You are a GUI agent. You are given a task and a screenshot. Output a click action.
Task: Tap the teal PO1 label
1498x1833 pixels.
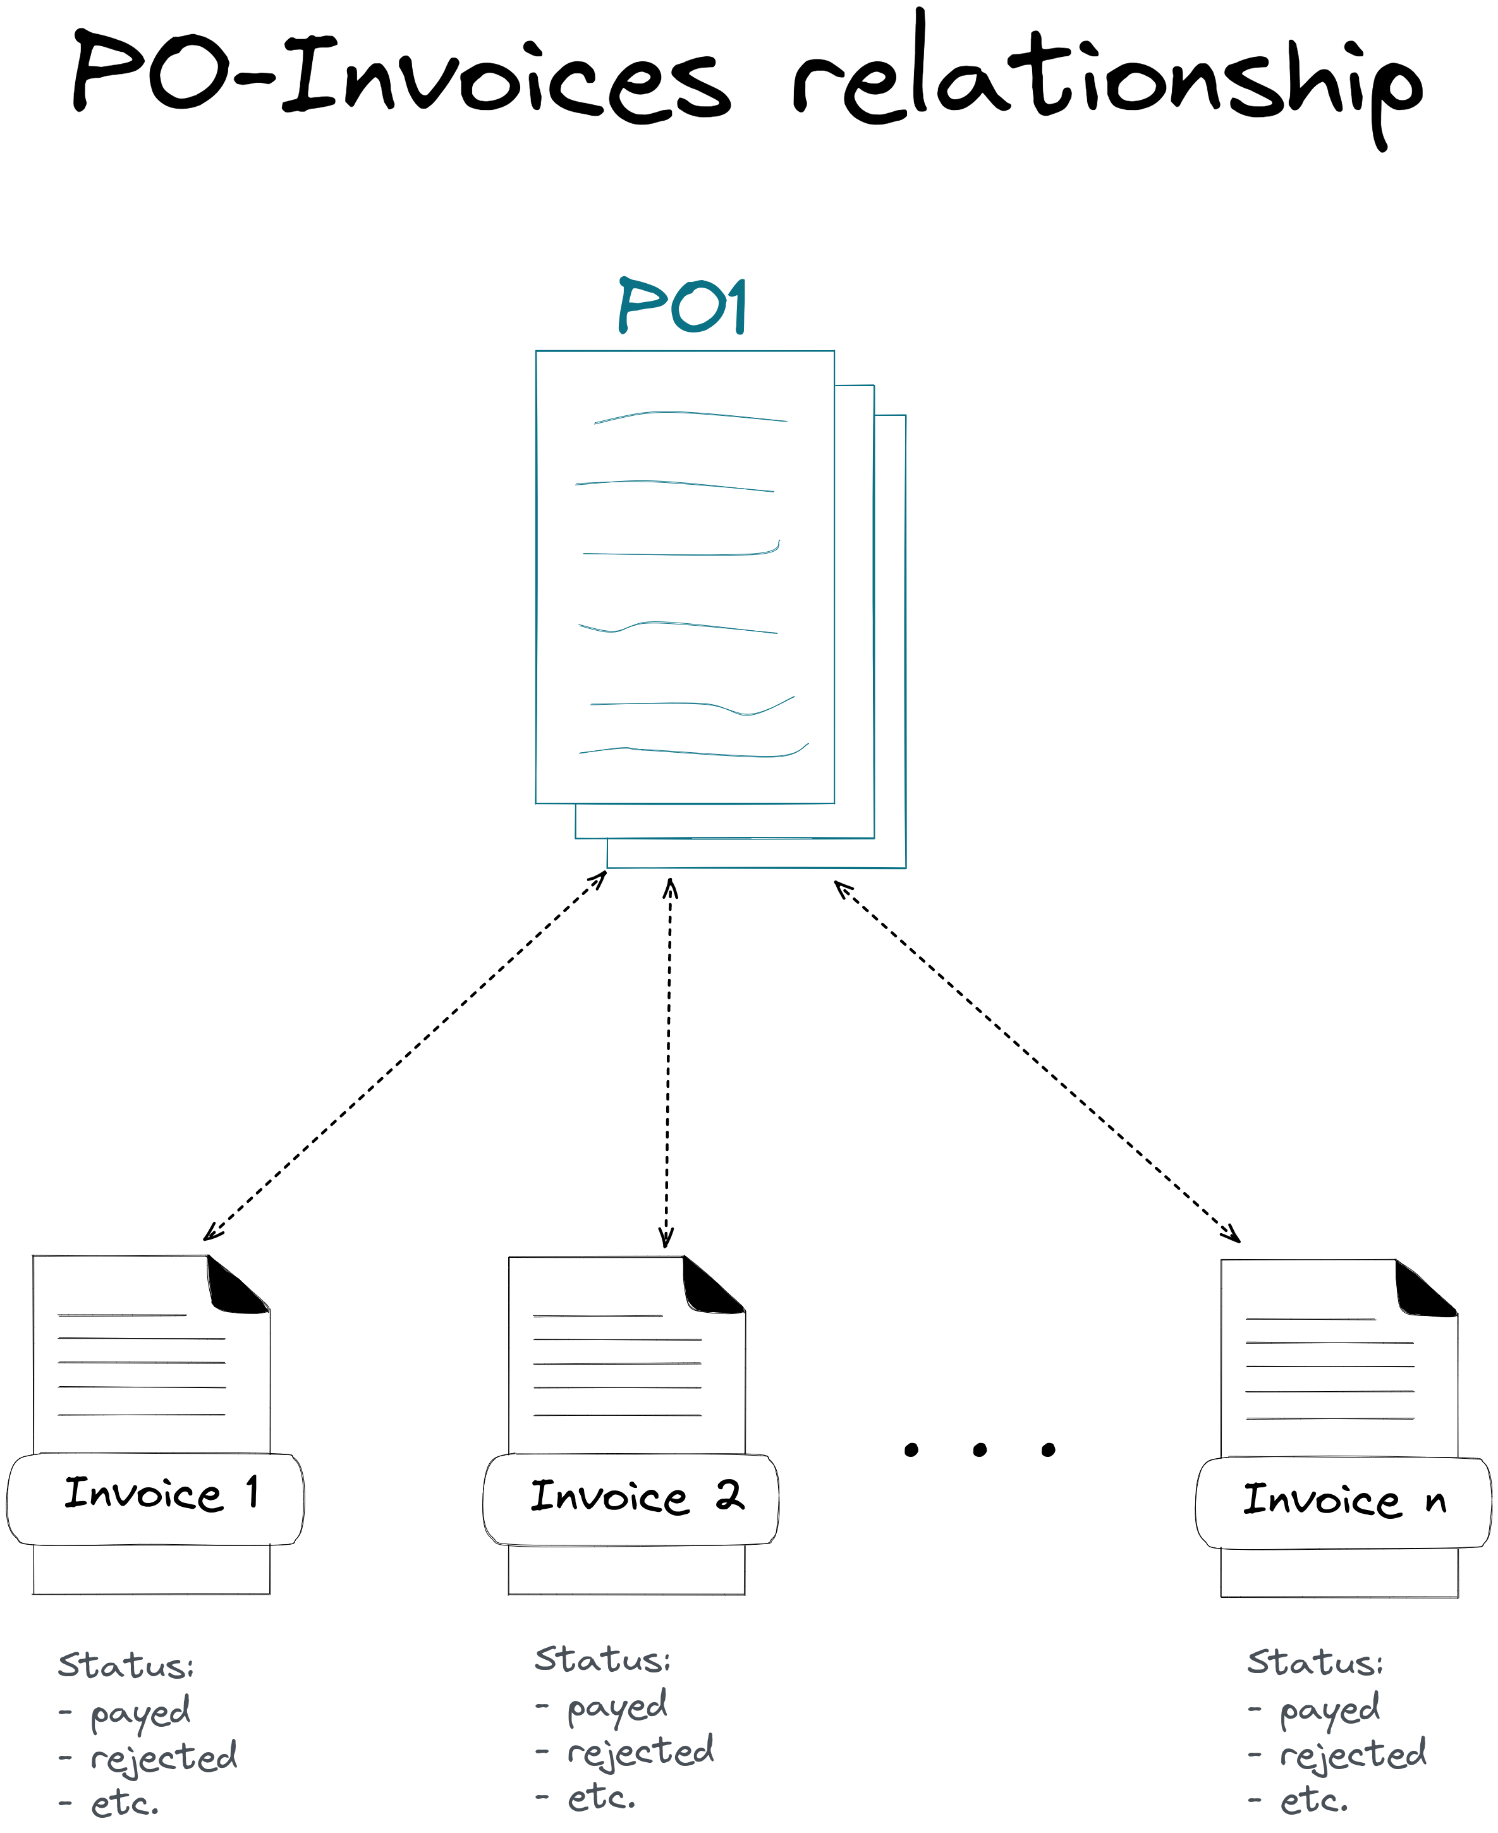682,307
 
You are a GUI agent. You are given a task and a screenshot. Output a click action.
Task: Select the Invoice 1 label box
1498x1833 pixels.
155,1499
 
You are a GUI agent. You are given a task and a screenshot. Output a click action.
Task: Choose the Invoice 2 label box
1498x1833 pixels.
631,1500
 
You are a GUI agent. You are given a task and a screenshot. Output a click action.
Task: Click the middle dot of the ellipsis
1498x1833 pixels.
980,1450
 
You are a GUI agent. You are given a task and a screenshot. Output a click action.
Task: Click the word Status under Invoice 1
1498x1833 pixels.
125,1666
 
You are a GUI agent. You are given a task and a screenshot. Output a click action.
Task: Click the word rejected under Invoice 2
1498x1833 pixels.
640,1751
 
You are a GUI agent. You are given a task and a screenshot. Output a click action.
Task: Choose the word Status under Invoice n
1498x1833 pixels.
1314,1663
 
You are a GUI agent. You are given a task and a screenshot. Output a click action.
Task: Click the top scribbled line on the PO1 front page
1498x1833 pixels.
690,416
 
